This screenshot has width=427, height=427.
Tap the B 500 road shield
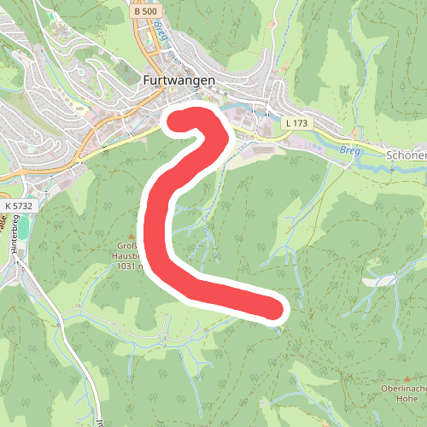coord(146,12)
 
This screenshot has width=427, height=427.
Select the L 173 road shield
coord(298,124)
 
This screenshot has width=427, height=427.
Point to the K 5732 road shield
coord(18,206)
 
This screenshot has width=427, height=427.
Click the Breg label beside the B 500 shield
coord(161,32)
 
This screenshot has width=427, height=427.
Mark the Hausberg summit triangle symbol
coord(131,235)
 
